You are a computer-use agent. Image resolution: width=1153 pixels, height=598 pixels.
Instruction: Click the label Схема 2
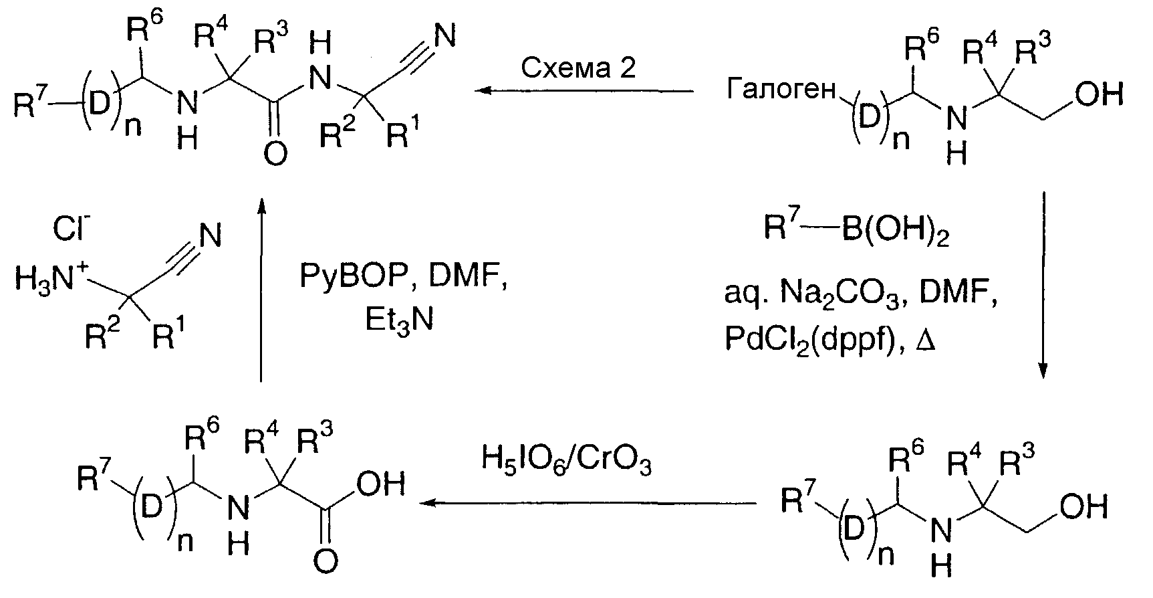pos(578,68)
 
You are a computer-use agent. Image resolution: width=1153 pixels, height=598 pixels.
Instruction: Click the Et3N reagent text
pos(400,319)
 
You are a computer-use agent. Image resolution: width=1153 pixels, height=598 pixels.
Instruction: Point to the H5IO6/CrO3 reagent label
pos(566,460)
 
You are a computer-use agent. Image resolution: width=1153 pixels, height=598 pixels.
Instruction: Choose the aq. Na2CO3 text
pos(812,295)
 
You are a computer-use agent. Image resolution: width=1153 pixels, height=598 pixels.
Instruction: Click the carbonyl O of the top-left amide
pos(275,154)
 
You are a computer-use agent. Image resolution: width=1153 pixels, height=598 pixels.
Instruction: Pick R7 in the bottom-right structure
pos(797,504)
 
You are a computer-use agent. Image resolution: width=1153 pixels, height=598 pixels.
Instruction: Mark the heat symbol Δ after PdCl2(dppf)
pos(926,340)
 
